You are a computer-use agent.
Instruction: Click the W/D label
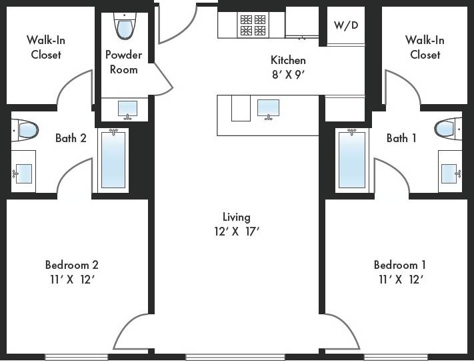345,25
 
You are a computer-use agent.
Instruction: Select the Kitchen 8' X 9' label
288,67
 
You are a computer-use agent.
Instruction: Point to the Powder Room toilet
125,27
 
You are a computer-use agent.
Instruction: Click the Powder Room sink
127,109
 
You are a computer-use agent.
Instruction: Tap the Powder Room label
122,62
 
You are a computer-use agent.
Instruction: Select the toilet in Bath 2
26,129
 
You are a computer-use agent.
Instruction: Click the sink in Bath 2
23,173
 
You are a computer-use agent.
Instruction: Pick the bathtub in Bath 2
113,159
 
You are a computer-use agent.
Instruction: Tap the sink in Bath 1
449,173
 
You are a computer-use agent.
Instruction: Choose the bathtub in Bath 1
351,159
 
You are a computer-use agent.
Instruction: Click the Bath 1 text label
401,138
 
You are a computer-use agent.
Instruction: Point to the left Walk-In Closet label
46,47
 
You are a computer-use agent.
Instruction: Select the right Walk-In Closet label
425,47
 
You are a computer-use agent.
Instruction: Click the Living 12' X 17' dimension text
236,232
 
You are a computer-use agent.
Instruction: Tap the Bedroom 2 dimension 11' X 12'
73,279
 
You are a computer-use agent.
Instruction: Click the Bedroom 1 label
400,264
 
